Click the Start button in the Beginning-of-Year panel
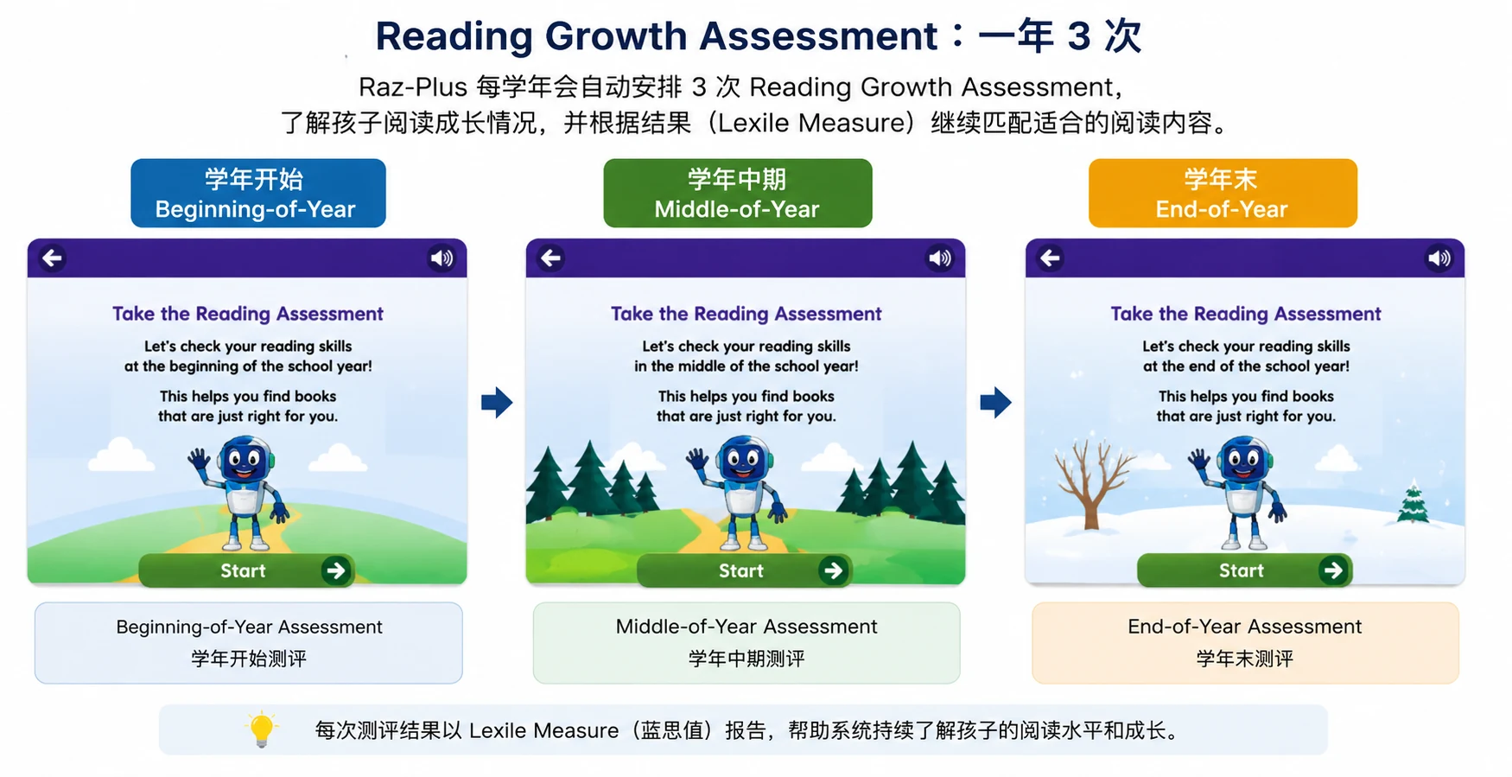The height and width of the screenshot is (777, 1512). point(246,570)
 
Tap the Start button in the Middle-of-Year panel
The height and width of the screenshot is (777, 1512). point(745,570)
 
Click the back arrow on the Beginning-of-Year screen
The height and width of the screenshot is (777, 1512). point(53,258)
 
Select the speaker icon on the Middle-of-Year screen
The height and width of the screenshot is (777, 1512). point(940,258)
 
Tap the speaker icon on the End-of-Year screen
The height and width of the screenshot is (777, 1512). point(1439,258)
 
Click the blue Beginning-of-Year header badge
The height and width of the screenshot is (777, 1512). point(258,193)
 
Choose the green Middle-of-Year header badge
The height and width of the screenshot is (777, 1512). point(738,193)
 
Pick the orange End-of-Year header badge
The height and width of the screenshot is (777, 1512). point(1223,193)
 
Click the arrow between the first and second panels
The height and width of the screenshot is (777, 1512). point(497,402)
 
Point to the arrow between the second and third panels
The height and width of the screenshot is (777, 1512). point(995,402)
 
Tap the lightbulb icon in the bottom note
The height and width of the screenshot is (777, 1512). point(261,729)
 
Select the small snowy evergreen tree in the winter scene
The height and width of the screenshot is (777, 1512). point(1413,503)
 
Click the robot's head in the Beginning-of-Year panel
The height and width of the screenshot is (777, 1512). point(245,460)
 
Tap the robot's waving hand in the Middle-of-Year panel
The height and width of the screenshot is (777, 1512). point(697,458)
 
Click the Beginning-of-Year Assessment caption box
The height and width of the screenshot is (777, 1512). point(249,643)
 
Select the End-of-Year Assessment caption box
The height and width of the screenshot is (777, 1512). point(1246,643)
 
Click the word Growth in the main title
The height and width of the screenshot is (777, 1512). point(617,36)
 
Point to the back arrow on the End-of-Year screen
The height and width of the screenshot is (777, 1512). point(1051,258)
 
